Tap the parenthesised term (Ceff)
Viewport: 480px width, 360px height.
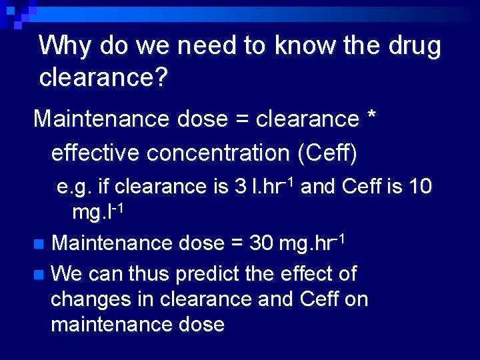329,153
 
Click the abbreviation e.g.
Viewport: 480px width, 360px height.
75,187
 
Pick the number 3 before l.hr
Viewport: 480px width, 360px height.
241,186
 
